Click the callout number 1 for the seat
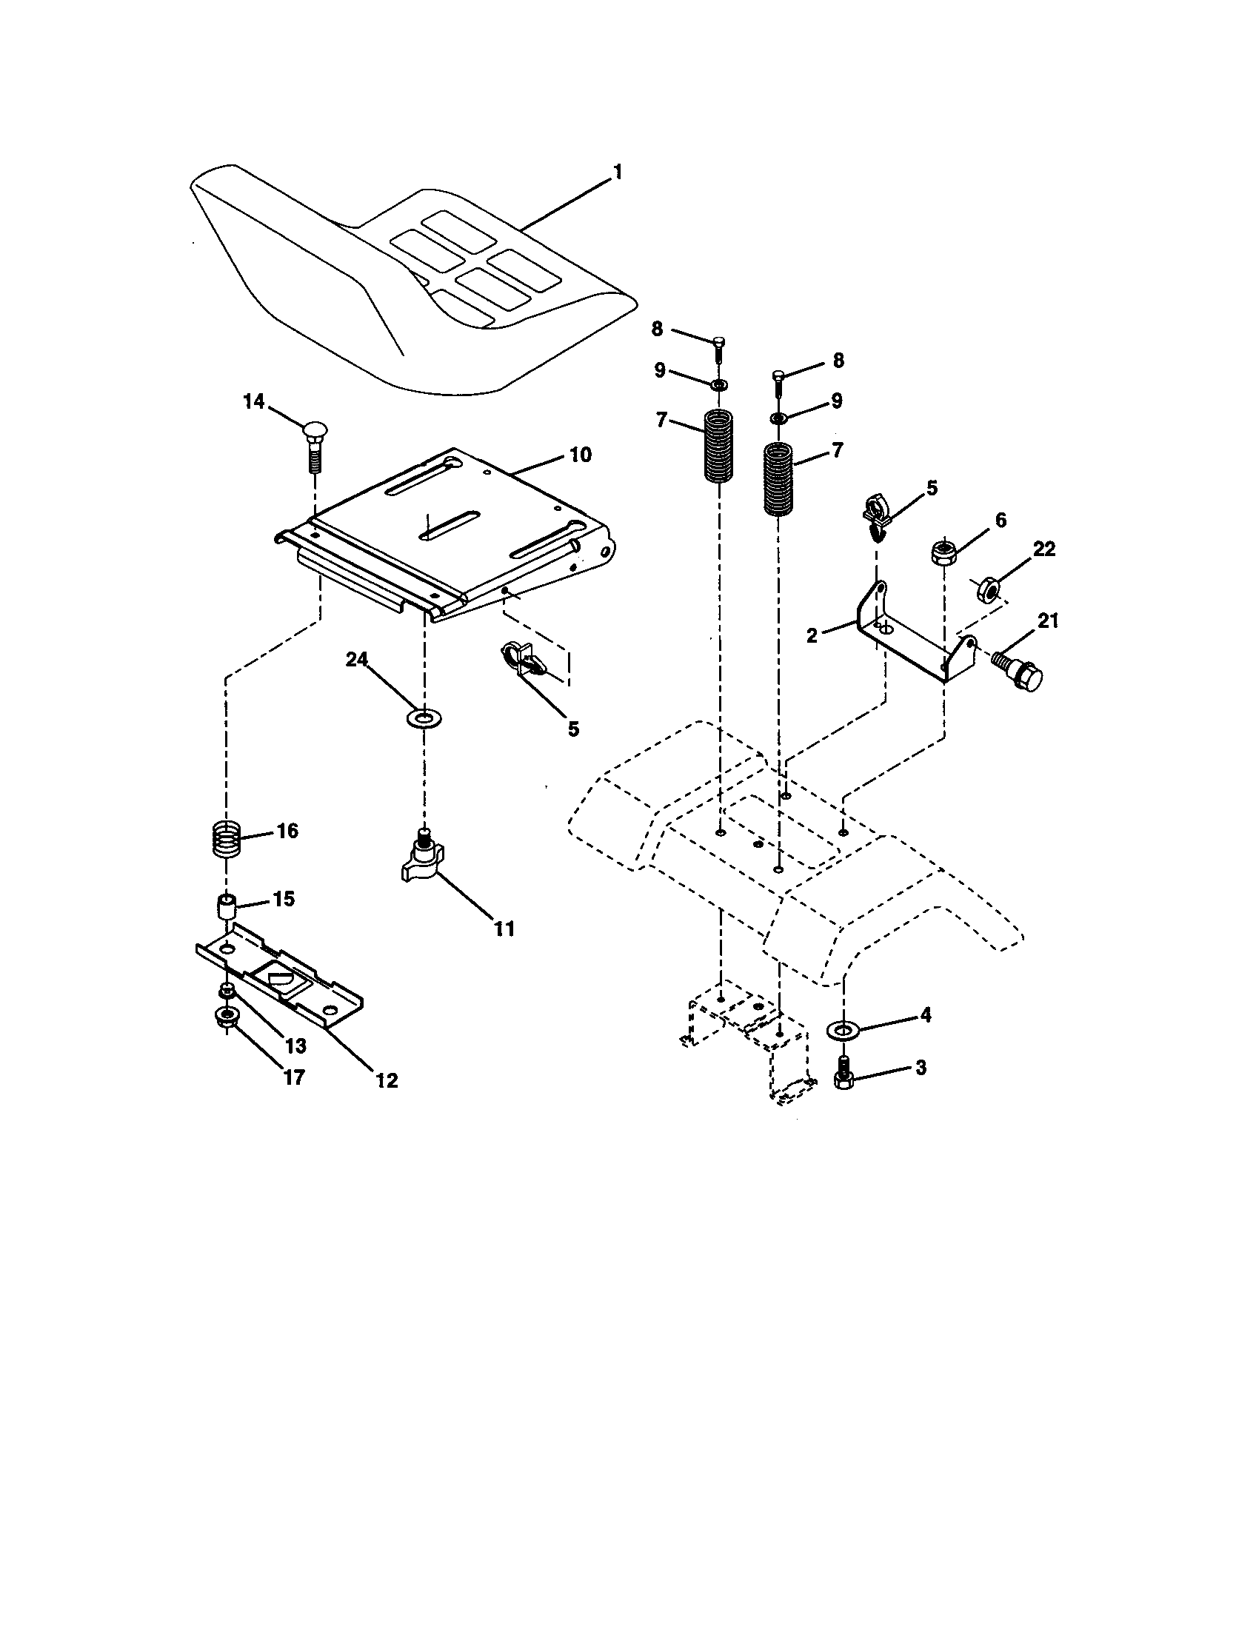(x=617, y=173)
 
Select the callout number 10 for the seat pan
(x=581, y=454)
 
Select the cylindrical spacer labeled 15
(x=227, y=908)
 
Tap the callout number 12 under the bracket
(x=387, y=1080)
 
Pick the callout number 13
(x=295, y=1046)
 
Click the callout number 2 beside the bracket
(x=812, y=635)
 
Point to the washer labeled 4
(x=844, y=1030)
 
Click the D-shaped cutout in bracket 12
(x=278, y=976)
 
